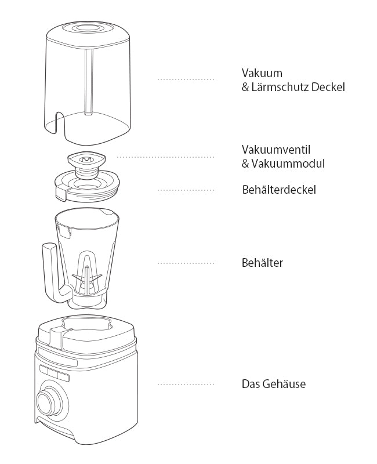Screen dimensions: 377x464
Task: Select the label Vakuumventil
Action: coord(276,150)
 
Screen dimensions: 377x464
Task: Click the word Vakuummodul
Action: coord(288,164)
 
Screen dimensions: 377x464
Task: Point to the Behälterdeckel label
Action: coord(279,190)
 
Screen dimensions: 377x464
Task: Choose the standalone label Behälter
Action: coord(262,263)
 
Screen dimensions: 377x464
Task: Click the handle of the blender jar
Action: coord(55,272)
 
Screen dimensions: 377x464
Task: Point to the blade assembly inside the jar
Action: coord(87,278)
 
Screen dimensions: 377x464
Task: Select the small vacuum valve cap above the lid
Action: coord(86,160)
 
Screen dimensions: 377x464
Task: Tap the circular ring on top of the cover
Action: coord(88,28)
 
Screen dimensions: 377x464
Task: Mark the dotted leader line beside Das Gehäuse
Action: coord(186,385)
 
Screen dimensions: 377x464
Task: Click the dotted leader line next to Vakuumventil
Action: coord(165,157)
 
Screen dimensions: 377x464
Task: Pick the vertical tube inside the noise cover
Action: coord(89,82)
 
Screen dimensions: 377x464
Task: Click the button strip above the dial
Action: coord(55,373)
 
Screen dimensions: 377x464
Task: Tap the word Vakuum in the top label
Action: coord(262,73)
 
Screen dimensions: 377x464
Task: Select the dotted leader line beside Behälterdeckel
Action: coord(186,190)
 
